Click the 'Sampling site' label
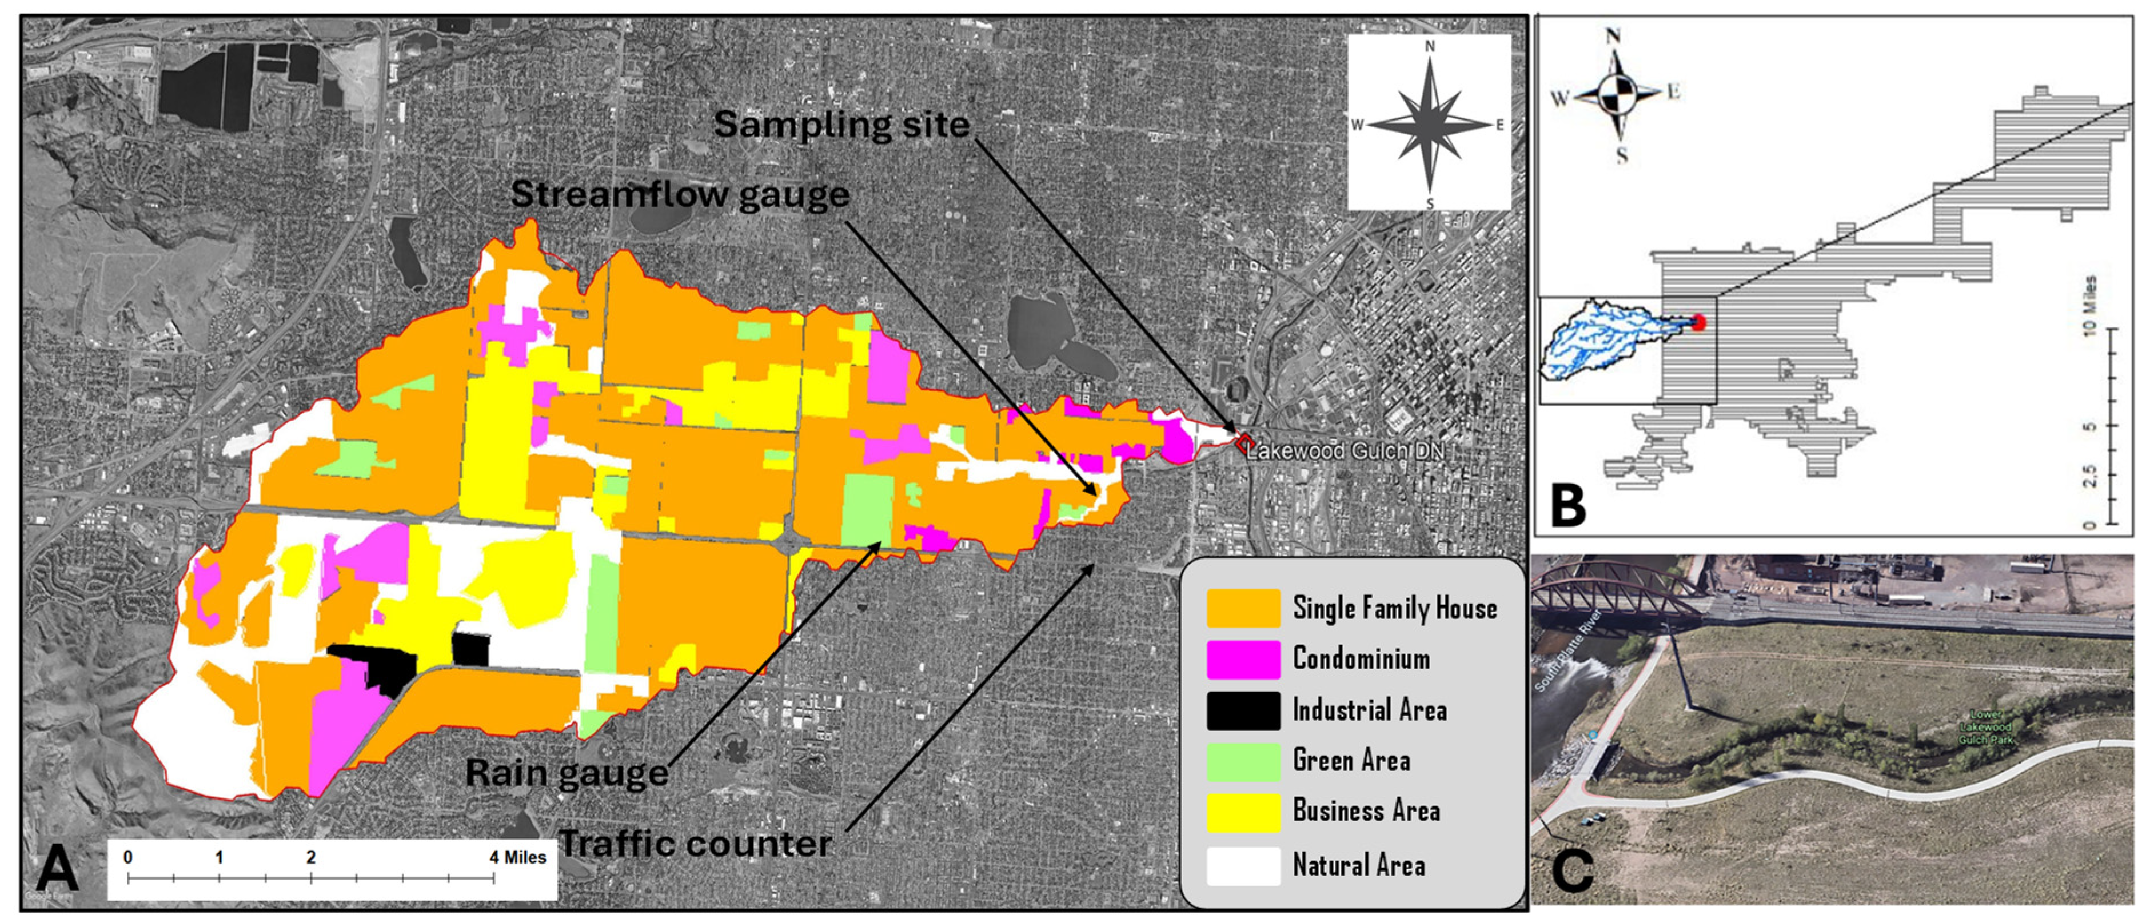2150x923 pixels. click(841, 125)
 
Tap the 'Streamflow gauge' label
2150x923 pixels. click(679, 194)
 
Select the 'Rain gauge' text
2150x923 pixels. click(567, 773)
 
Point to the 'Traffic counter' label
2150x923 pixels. click(695, 844)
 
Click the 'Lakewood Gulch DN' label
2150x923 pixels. click(1346, 451)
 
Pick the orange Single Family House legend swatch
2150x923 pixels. click(1243, 608)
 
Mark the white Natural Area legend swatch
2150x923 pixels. click(1243, 865)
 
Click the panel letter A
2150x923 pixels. click(57, 869)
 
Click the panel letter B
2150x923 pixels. click(1567, 504)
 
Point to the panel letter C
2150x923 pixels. click(1571, 870)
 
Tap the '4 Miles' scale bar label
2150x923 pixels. click(517, 858)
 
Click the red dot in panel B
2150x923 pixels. click(1698, 323)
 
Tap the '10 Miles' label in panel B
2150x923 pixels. click(2089, 306)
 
